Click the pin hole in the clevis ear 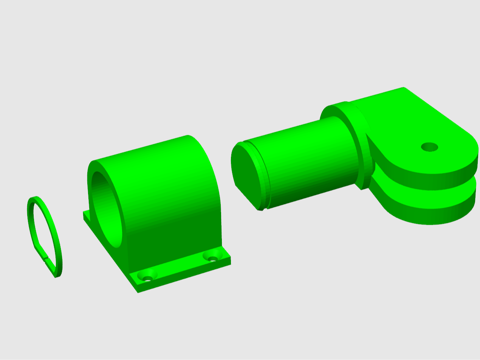(x=429, y=147)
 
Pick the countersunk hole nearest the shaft (x=212, y=258)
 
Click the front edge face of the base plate (x=185, y=278)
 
